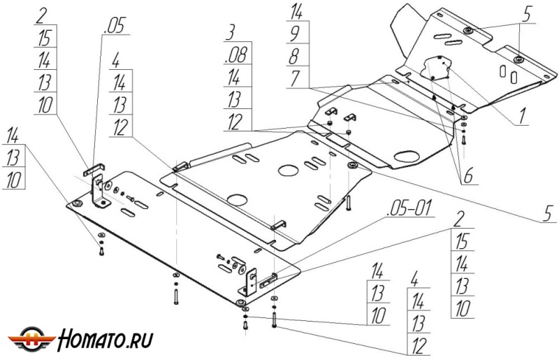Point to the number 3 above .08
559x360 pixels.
click(x=231, y=33)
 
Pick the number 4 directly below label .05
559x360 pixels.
click(x=117, y=59)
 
